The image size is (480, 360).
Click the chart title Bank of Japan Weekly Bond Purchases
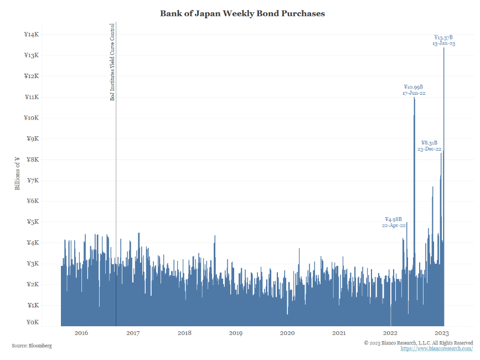tap(242, 13)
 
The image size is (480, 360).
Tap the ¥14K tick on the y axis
tap(32, 34)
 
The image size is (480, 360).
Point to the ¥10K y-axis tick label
tap(32, 118)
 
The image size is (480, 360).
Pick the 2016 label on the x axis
tap(81, 333)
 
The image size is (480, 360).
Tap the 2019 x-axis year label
tap(235, 333)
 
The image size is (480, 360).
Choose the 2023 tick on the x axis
tap(442, 333)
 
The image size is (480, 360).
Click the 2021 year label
tap(339, 333)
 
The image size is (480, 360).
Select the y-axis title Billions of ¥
tap(17, 173)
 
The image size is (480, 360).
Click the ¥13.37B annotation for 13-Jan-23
tap(443, 40)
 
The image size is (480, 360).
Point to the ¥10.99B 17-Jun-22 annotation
tap(414, 90)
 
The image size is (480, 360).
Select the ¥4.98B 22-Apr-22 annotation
tap(394, 222)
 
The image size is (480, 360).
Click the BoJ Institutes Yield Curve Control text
tap(112, 61)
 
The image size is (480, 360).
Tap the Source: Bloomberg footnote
tap(32, 346)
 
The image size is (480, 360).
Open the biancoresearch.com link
tap(436, 349)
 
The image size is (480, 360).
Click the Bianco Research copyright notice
tap(418, 343)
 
